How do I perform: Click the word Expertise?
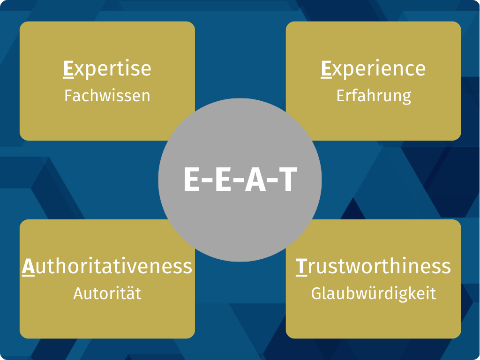pos(107,68)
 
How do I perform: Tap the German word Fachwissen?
pos(107,96)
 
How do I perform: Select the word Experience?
pos(373,68)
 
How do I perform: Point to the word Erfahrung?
pos(374,96)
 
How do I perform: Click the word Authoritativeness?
pos(107,267)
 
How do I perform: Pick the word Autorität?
pos(107,293)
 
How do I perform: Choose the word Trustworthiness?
pos(373,267)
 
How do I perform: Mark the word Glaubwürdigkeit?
pos(374,294)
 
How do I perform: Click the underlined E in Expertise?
pos(68,69)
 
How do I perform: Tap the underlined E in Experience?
pos(326,69)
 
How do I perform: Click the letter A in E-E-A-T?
pos(255,179)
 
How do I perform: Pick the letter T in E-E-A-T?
pos(288,179)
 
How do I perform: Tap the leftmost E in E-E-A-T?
pos(192,179)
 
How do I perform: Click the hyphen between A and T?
pos(272,180)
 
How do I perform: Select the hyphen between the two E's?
pos(208,180)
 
